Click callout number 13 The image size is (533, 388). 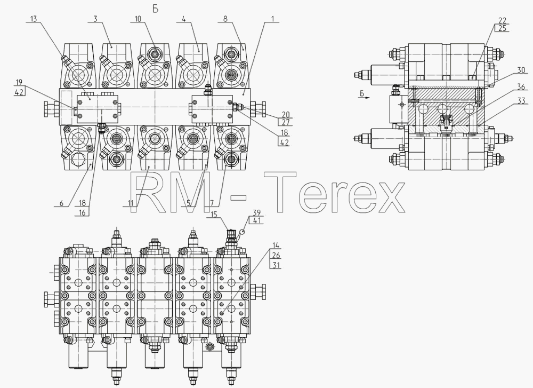[x=33, y=18]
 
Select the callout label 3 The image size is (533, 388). [x=95, y=18]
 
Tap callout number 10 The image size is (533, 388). [x=138, y=18]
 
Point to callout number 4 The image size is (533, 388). [x=184, y=18]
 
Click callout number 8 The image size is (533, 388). [x=225, y=18]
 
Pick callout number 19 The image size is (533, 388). [x=19, y=82]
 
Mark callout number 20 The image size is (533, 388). [x=286, y=115]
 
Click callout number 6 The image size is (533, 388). [x=61, y=203]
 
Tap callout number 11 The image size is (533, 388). [x=131, y=203]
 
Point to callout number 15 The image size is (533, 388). [x=214, y=215]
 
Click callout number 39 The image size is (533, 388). [x=257, y=212]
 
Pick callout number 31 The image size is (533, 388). [x=277, y=265]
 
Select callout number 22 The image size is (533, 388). [x=503, y=20]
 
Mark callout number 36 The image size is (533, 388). [x=521, y=87]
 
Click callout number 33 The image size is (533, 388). [x=521, y=101]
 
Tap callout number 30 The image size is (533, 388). [x=521, y=70]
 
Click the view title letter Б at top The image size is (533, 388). [x=155, y=9]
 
